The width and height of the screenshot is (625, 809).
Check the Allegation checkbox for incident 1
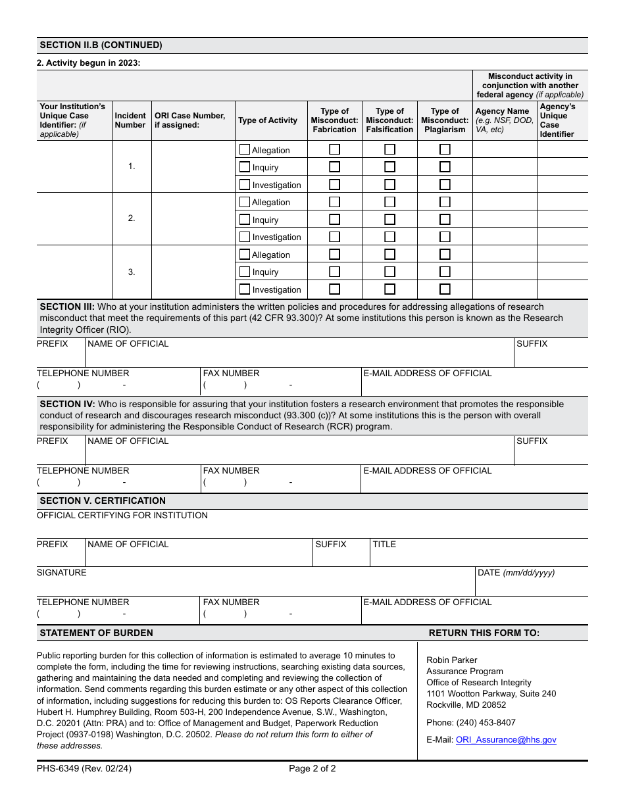(x=245, y=150)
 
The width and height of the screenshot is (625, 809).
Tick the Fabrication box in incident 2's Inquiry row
(x=334, y=220)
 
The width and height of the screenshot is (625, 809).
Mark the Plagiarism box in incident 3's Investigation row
(x=445, y=289)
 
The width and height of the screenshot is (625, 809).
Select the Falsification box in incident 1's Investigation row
(x=389, y=185)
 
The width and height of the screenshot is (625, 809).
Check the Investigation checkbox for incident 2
(x=245, y=237)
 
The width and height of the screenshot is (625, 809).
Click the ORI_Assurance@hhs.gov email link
(x=505, y=739)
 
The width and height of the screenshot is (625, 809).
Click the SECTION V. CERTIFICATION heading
(x=103, y=501)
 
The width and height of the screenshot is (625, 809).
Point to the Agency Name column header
(x=502, y=111)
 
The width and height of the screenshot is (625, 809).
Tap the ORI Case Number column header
(x=189, y=120)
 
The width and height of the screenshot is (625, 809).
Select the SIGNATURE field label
(x=61, y=573)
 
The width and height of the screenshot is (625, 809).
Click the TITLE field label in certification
(x=384, y=545)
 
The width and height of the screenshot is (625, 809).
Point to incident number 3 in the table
(x=132, y=272)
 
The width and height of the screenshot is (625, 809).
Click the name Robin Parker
(x=451, y=660)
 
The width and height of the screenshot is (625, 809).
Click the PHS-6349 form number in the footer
(x=84, y=768)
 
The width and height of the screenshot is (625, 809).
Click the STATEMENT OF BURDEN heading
(x=96, y=633)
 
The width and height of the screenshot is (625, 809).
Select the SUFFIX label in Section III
(x=532, y=344)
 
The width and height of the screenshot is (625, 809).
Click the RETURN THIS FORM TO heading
(x=484, y=633)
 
